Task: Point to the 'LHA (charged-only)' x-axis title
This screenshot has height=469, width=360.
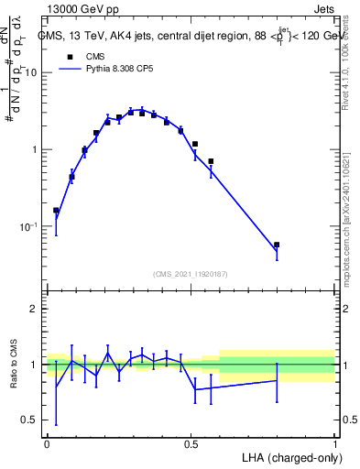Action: point(288,456)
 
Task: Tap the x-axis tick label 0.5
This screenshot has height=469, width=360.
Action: point(191,442)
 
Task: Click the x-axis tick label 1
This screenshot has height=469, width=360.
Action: point(334,442)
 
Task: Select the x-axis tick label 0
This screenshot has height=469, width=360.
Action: point(48,442)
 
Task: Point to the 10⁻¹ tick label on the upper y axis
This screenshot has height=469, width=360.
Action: point(29,226)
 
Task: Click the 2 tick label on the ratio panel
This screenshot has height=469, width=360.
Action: point(35,309)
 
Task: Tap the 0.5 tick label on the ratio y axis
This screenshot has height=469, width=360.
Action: point(31,420)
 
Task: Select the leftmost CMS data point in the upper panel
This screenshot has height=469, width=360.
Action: point(56,211)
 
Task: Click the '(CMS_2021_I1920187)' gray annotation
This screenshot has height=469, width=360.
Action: point(191,273)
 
